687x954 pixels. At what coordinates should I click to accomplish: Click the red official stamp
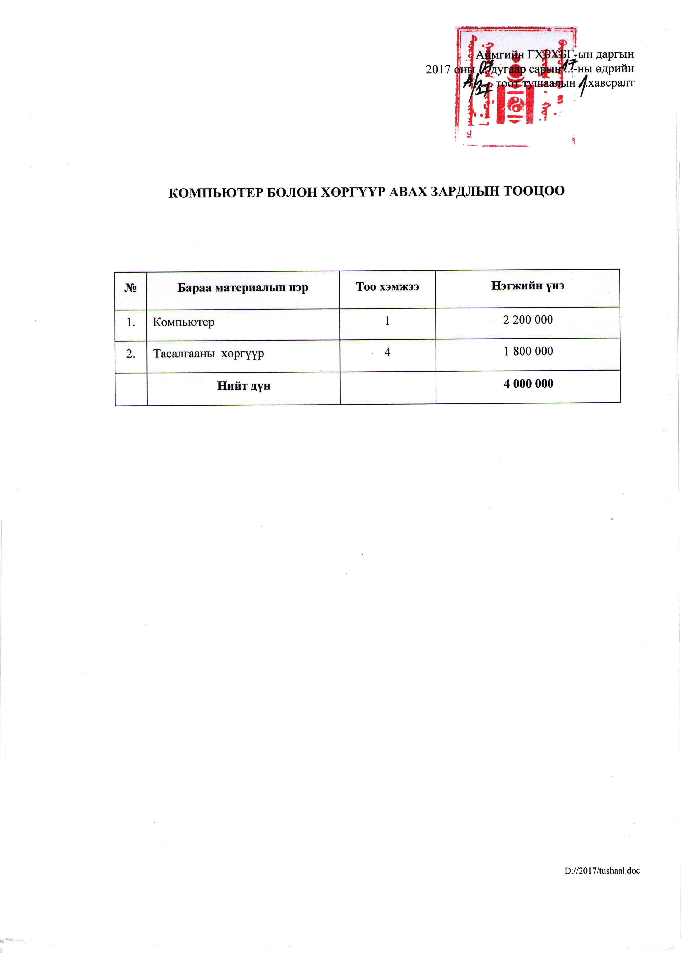point(516,86)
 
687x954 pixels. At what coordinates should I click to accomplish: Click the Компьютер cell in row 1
point(184,322)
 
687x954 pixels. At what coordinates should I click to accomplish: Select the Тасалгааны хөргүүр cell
point(208,353)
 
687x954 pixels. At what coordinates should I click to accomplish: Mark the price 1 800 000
point(528,351)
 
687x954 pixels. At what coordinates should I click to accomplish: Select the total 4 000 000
point(528,384)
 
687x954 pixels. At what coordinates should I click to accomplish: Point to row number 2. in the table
point(131,354)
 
